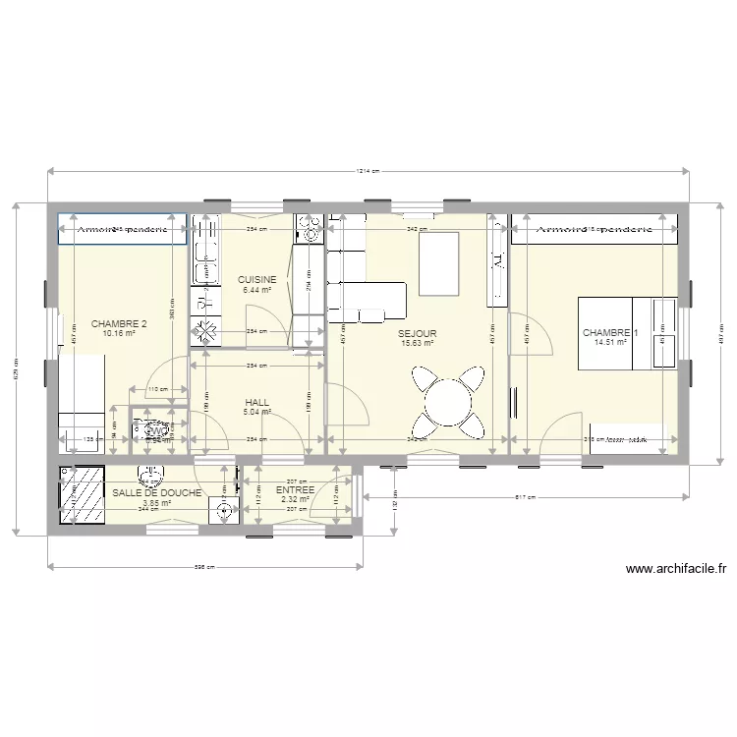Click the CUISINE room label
pos(257,280)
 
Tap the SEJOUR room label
pos(419,334)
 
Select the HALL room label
pos(256,402)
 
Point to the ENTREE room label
pos(295,489)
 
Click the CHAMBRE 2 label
pos(119,324)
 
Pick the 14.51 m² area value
pos(610,342)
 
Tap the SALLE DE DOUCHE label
pos(157,493)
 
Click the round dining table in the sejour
pos(448,401)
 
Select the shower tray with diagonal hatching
pos(84,493)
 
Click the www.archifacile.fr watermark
pos(675,568)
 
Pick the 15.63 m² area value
pos(418,343)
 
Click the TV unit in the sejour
pos(496,259)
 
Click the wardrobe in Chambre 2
pos(122,229)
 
